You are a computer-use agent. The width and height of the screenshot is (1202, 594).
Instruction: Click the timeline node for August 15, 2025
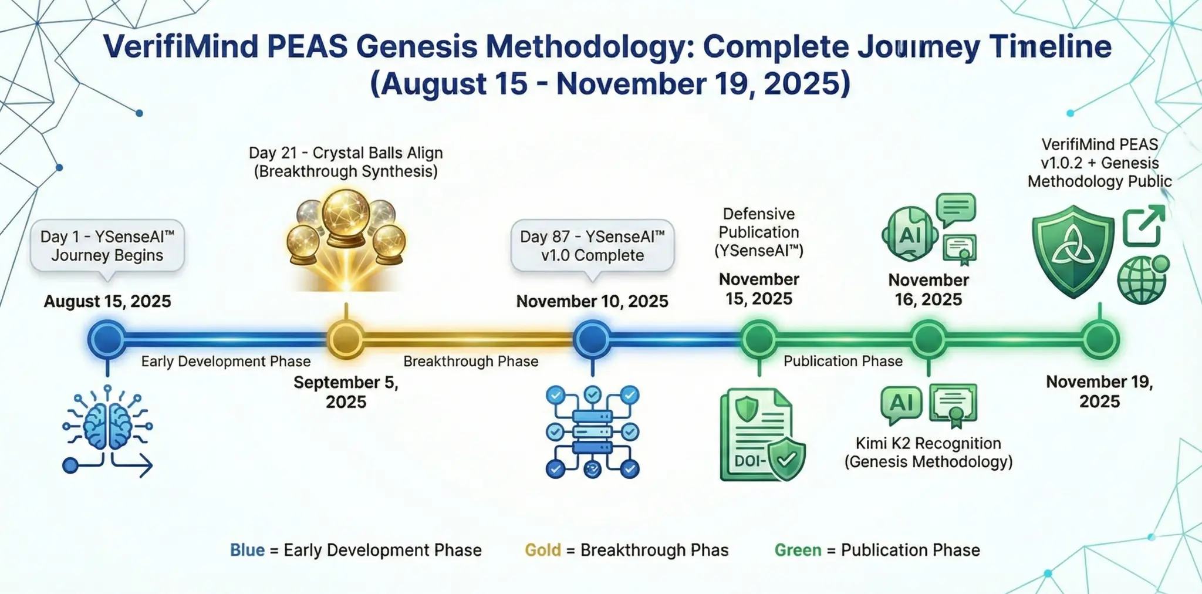click(107, 339)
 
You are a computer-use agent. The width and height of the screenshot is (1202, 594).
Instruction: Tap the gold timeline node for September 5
click(346, 339)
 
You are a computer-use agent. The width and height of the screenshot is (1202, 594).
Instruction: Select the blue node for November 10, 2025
click(592, 339)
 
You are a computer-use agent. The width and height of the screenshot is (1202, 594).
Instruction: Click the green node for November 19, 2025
click(1100, 339)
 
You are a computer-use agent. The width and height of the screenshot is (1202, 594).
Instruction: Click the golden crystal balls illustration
click(346, 235)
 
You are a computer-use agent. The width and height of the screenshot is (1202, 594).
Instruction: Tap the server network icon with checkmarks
click(592, 431)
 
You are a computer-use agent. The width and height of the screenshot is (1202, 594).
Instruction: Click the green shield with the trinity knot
click(1073, 251)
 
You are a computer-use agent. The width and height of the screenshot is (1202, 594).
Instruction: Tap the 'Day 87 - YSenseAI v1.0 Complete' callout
click(592, 246)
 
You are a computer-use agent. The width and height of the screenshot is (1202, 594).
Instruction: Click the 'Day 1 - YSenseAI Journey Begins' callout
click(107, 246)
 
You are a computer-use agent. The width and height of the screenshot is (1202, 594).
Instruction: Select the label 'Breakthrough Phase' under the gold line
click(471, 362)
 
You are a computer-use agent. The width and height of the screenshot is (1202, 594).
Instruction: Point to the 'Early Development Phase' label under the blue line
click(226, 362)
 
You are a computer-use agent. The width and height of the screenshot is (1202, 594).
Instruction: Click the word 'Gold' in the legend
click(542, 550)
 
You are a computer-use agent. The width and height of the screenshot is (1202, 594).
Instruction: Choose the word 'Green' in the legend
click(798, 550)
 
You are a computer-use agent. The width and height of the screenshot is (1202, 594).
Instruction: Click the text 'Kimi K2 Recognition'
click(928, 443)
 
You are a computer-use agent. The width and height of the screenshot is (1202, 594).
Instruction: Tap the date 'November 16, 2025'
click(928, 290)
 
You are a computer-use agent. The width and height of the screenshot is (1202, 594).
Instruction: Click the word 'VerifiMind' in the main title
click(180, 47)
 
